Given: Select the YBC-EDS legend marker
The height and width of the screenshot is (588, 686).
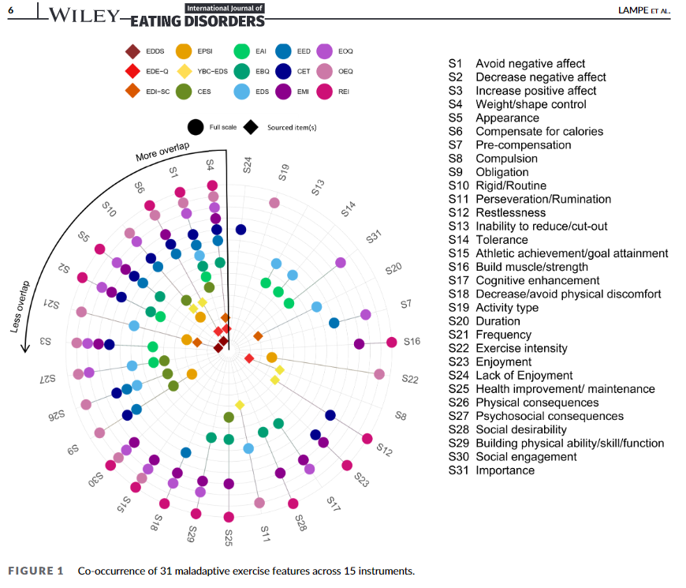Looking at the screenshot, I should [183, 71].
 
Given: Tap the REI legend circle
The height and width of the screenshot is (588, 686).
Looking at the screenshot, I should [324, 92].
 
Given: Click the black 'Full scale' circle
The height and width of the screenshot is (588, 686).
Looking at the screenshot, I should [196, 127].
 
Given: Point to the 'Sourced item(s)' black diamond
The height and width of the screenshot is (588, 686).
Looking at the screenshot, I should [252, 127].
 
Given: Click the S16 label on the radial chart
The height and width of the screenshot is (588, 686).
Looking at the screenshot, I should [412, 343].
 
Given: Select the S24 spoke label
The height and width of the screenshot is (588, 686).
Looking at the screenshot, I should [247, 164].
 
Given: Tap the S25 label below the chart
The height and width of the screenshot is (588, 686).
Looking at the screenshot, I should [229, 538].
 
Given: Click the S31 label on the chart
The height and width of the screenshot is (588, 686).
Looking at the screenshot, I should [375, 236].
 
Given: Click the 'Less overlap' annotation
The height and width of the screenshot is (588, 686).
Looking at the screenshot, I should [21, 306].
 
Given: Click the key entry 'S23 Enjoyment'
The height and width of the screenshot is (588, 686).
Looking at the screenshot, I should [510, 362].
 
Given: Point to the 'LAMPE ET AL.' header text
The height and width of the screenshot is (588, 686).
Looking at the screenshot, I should [642, 9].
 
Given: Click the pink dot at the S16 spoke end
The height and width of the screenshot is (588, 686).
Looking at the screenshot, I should [392, 342].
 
